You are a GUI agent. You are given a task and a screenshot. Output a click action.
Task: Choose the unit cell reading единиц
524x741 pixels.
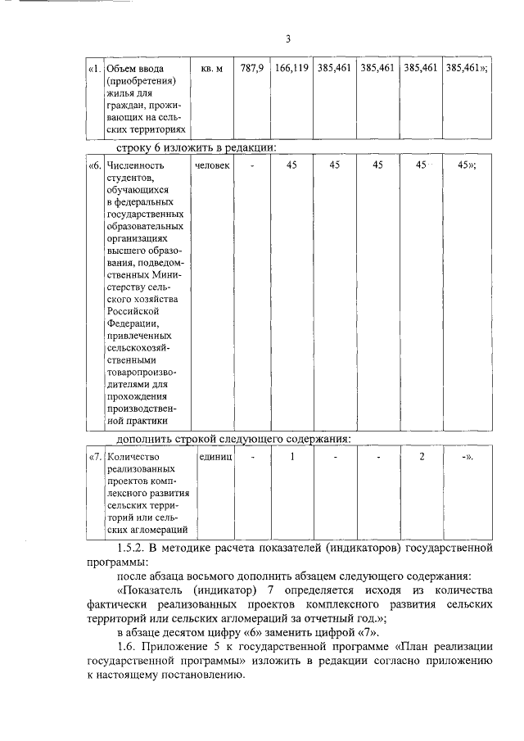(214, 456)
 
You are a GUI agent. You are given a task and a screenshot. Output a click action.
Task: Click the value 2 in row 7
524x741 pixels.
(422, 456)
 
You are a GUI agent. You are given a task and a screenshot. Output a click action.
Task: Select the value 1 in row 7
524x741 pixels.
(291, 456)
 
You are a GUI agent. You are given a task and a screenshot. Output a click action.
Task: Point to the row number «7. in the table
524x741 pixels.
(95, 456)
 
